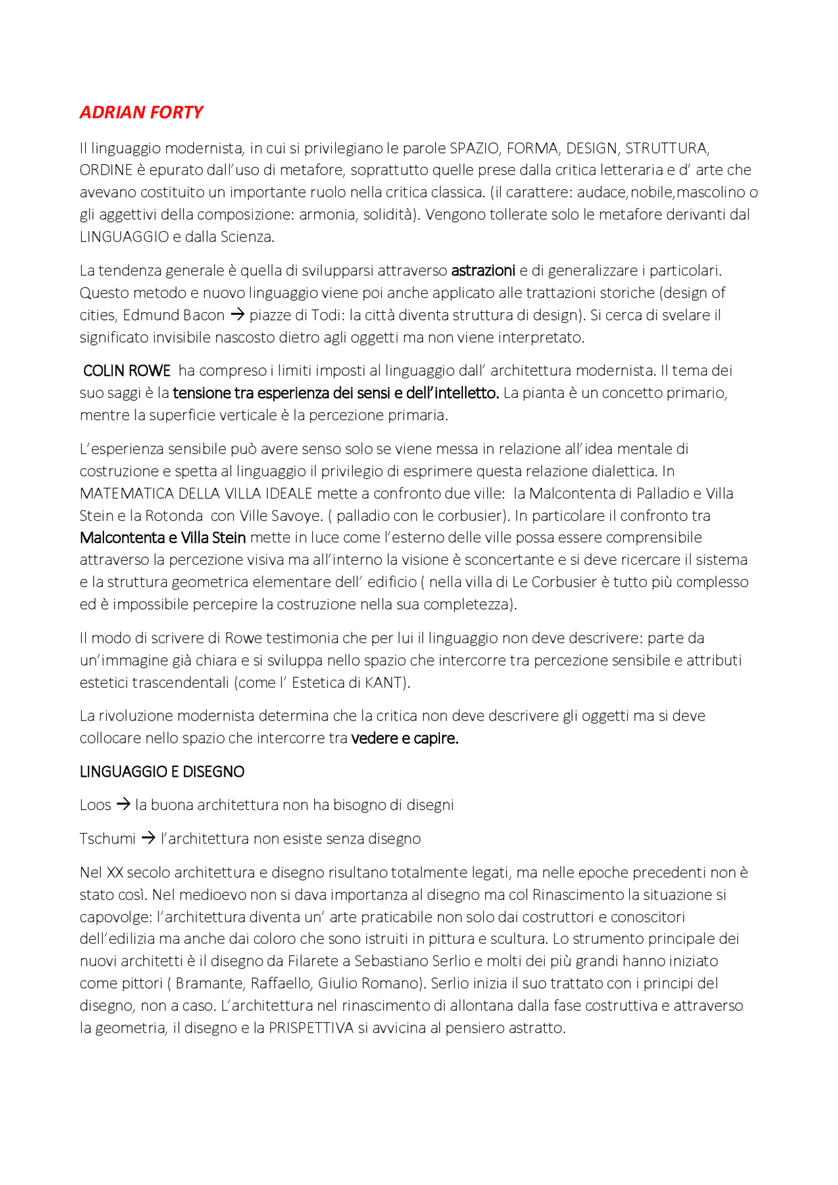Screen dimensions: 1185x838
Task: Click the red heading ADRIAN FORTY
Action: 141,113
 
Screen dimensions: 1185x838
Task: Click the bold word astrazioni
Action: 483,270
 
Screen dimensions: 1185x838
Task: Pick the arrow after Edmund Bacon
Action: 237,315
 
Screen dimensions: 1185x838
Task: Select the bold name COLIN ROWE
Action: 126,371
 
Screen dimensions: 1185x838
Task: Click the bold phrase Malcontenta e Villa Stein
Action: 163,538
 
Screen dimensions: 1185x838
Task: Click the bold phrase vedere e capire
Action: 405,738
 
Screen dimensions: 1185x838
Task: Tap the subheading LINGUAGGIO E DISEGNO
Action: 162,772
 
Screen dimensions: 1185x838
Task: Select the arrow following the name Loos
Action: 123,805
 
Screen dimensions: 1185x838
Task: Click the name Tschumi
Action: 107,839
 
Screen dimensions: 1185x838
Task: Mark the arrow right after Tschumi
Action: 149,838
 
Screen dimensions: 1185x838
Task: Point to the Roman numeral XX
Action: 115,872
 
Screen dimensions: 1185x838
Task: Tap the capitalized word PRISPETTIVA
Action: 311,1028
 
